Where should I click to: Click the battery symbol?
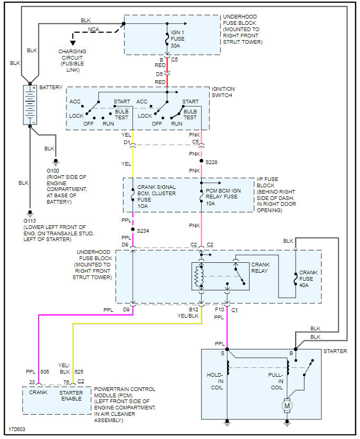(x=30, y=104)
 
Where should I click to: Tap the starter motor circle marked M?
(x=287, y=405)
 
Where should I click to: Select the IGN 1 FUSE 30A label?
(x=177, y=39)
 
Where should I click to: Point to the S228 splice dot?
(x=201, y=161)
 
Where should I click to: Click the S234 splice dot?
(x=133, y=230)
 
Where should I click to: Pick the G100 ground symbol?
(x=56, y=162)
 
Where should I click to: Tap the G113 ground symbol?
(x=30, y=213)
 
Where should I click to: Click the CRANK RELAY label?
(x=260, y=268)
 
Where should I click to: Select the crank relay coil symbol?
(x=198, y=276)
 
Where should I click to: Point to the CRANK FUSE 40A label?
(x=308, y=279)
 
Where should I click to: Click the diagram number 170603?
(x=17, y=429)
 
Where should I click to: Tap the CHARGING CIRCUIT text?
(x=72, y=54)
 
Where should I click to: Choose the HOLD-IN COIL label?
(x=215, y=381)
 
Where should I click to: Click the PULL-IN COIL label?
(x=276, y=381)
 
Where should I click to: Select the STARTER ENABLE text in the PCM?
(x=71, y=396)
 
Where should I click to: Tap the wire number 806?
(x=44, y=371)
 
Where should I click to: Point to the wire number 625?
(x=79, y=371)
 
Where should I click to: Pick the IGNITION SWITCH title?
(x=223, y=92)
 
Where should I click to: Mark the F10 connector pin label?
(x=220, y=309)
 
